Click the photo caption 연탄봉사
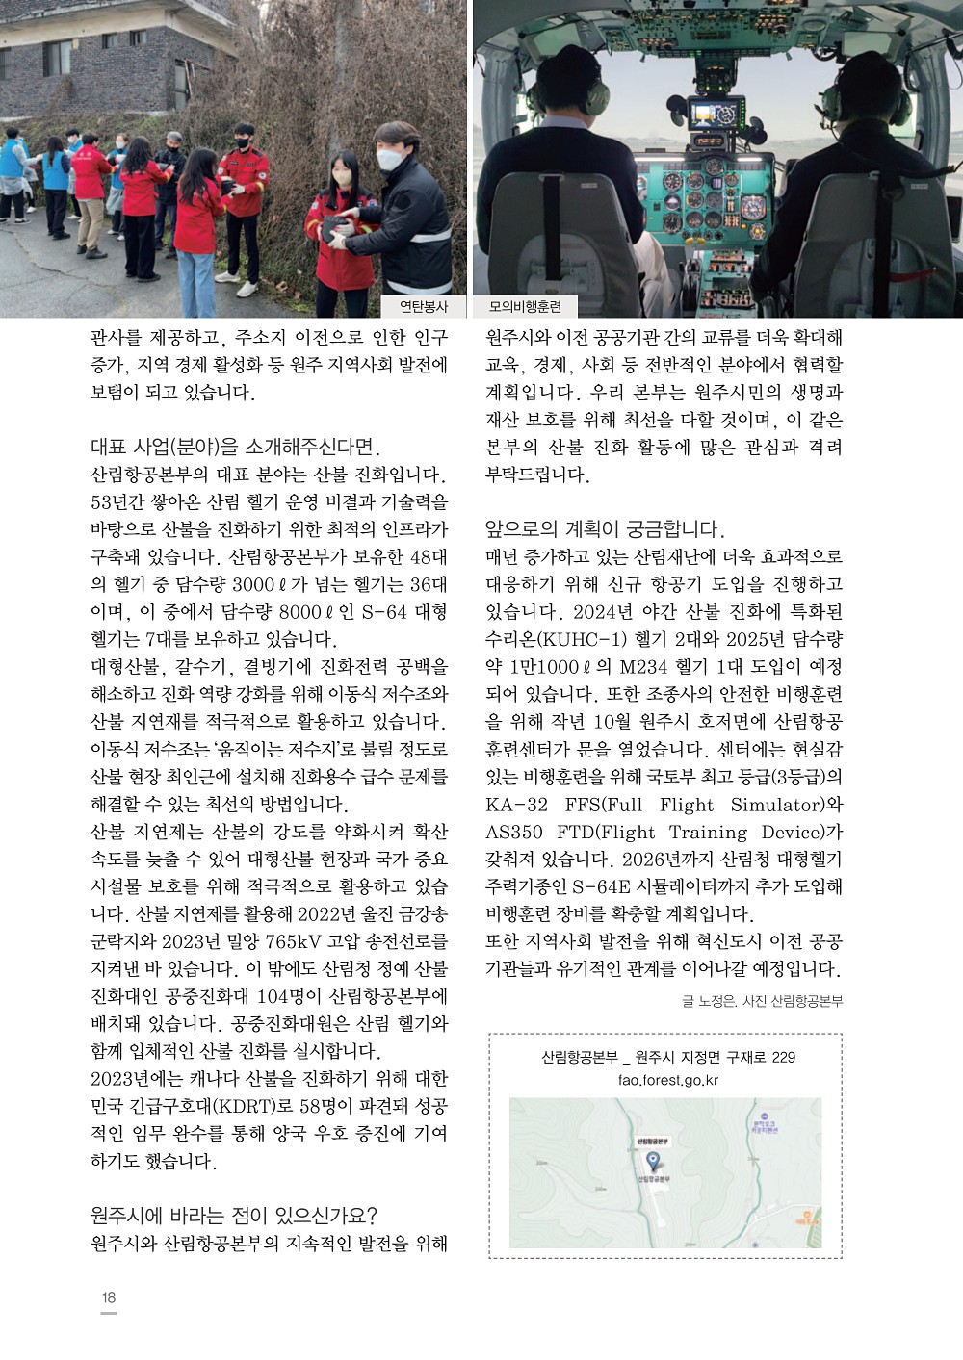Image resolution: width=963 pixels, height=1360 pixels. click(x=424, y=307)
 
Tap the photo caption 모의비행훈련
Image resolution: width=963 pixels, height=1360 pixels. click(x=525, y=307)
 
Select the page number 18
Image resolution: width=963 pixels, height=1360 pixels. click(x=109, y=1297)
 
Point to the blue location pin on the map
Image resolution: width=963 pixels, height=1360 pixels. click(x=651, y=1161)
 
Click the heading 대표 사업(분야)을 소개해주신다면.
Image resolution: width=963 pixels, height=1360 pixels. click(x=235, y=447)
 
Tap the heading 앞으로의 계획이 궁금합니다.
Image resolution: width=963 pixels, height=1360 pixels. click(x=605, y=529)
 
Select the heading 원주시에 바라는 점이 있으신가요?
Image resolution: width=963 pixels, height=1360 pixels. click(x=233, y=1216)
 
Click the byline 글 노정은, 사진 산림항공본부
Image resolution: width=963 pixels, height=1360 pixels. click(x=762, y=1002)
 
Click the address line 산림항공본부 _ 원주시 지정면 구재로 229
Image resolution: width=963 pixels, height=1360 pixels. click(x=668, y=1057)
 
